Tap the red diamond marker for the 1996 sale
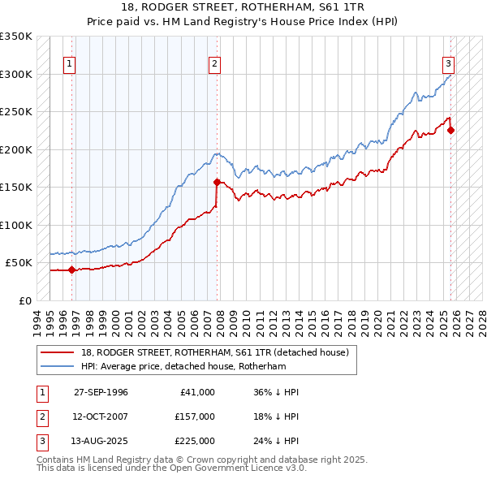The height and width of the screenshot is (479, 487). coord(72,270)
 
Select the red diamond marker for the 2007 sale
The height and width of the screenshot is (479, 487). coord(218,182)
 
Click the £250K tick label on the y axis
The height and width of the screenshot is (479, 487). coord(16,112)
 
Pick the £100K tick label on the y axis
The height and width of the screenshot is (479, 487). coord(16,226)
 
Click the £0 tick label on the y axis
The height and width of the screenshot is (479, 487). coord(24,301)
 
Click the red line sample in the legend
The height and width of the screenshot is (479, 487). coord(57,352)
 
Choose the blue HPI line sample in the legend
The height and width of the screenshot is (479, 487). coord(57,366)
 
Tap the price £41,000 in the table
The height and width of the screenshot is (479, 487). coord(195,391)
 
